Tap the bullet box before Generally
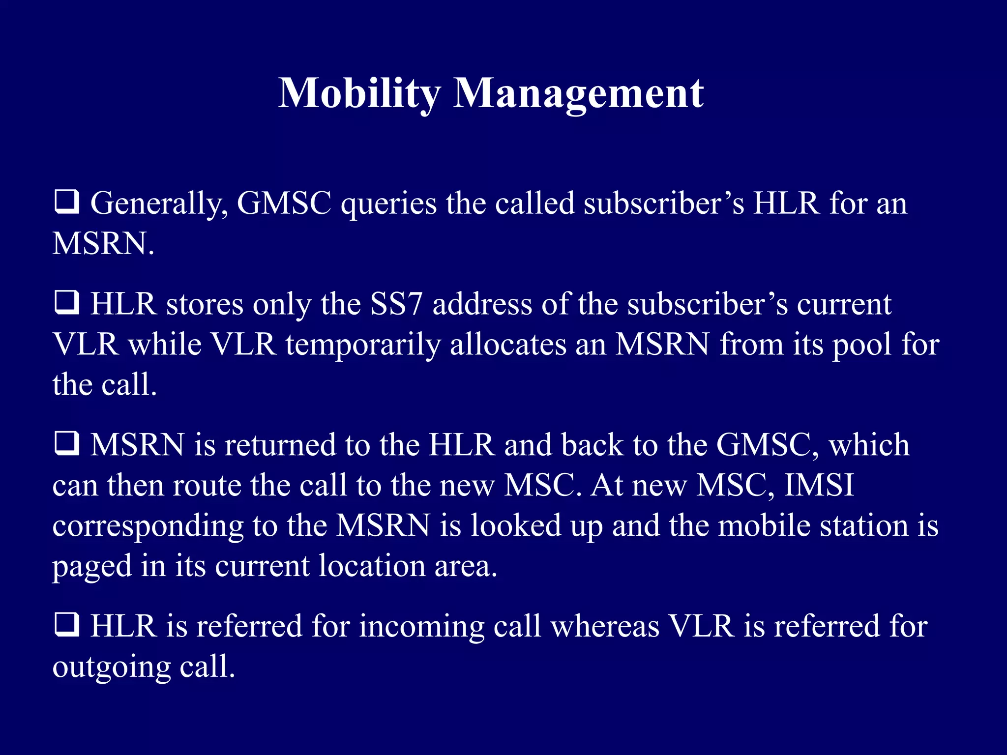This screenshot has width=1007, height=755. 66,203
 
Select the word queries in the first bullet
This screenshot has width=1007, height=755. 388,204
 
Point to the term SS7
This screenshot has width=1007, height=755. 396,304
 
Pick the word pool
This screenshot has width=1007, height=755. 861,345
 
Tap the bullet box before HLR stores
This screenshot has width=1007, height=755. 66,303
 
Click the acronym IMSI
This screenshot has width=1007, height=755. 819,485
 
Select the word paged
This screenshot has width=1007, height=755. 92,567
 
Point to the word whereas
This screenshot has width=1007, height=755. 605,627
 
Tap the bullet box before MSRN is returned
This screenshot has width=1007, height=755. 66,444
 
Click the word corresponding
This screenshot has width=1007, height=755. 148,526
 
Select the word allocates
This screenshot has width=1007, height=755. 508,345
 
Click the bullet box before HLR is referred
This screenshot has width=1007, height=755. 66,625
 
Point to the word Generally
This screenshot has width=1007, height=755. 159,204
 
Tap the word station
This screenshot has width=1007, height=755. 862,525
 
